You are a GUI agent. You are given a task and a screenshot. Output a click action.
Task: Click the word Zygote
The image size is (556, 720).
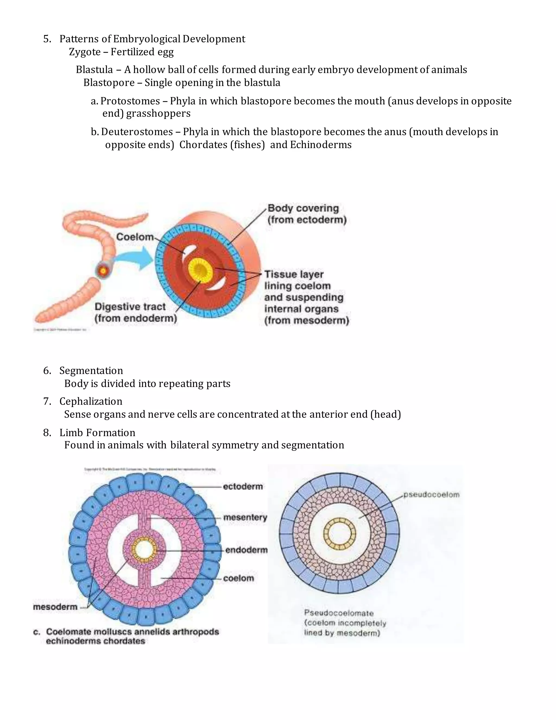click(85, 52)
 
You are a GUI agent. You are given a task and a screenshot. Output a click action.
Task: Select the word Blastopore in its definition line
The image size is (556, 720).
click(109, 83)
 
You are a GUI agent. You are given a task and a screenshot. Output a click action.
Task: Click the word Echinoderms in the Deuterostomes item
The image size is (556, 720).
click(321, 145)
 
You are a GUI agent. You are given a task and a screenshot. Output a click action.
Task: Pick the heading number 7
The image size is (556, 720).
click(47, 401)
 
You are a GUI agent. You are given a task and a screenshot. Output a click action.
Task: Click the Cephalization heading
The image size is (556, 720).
click(91, 401)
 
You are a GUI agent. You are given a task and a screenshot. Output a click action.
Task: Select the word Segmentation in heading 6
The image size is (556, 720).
click(91, 371)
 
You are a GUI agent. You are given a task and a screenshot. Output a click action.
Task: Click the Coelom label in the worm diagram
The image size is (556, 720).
click(135, 237)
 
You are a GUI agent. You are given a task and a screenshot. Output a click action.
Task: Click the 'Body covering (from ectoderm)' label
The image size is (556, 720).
click(307, 214)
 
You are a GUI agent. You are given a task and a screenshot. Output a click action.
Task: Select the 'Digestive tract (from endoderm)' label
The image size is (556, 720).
click(135, 312)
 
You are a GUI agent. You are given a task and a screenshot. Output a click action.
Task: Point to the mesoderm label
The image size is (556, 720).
click(55, 607)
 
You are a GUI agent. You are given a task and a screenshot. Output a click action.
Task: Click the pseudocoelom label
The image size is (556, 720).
click(431, 494)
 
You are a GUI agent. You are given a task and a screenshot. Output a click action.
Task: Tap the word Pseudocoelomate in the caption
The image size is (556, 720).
click(339, 613)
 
